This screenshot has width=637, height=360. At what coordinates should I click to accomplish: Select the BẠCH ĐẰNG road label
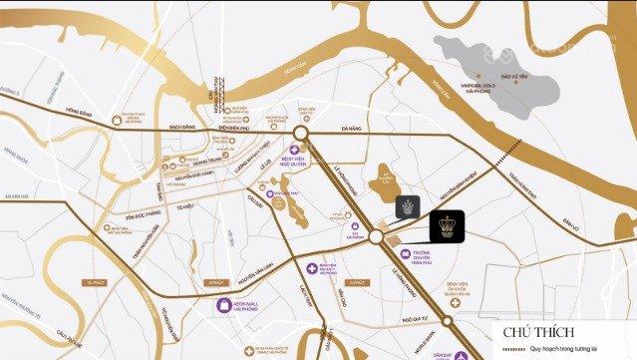(x=183, y=129)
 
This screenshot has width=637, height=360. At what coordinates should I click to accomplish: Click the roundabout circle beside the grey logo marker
(x=376, y=237)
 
